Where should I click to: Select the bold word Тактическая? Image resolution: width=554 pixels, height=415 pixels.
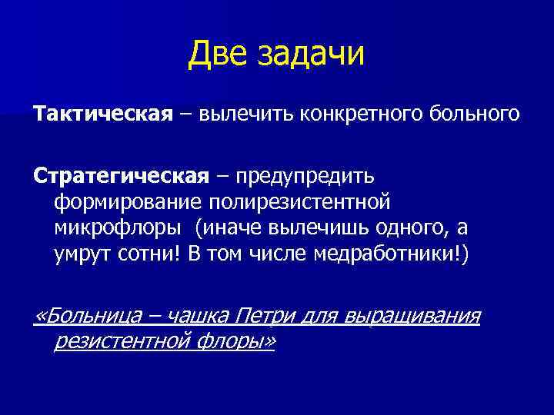click(101, 115)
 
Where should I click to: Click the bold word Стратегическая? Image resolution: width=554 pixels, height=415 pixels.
click(120, 177)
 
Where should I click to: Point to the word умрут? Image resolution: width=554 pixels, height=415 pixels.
click(82, 254)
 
